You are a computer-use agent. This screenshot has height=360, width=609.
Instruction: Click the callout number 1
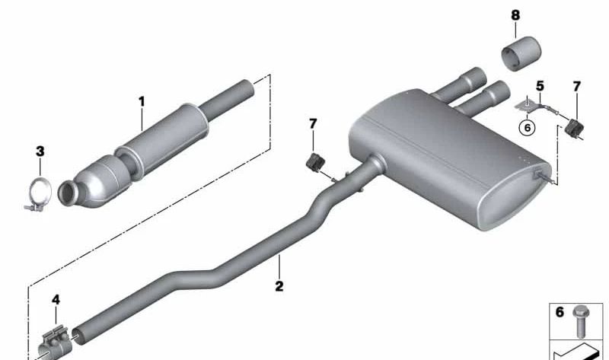[x=141, y=100]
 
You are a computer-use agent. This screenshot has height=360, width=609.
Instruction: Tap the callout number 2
[x=279, y=286]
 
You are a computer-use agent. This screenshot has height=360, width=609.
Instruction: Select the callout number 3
[x=40, y=152]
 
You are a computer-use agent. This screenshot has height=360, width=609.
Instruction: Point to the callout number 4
[x=56, y=300]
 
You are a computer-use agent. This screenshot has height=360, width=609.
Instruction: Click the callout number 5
[x=540, y=87]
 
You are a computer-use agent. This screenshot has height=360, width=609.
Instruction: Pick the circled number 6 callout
[x=526, y=127]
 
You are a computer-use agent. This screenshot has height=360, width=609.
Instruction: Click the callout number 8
[x=515, y=14]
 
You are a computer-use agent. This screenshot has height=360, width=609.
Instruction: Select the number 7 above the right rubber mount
[x=576, y=88]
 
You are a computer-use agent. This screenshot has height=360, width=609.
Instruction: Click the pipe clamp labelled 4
[x=56, y=336]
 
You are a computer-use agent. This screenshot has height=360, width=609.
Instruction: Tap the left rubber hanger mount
[x=314, y=161]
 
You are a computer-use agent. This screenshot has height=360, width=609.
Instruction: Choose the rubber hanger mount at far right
[x=575, y=127]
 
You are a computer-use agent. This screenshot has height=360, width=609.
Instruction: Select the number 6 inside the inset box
[x=559, y=312]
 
